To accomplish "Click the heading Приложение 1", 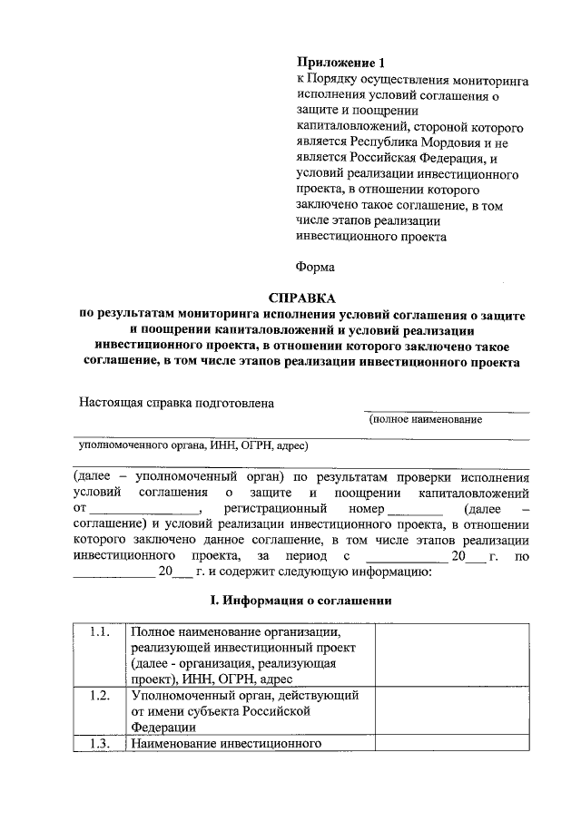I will (341, 63).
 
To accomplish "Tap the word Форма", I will (316, 267).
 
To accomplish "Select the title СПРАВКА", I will (300, 298).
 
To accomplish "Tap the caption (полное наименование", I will (425, 419).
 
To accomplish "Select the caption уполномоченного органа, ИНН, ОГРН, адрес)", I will (193, 445).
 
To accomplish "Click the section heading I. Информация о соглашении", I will (300, 601).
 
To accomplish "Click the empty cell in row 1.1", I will (452, 654).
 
